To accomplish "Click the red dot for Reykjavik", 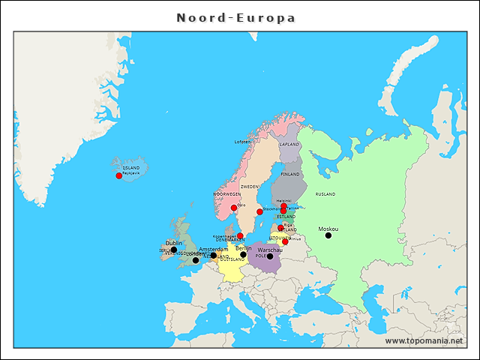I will pos(118,175).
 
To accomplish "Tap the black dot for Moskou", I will pos(328,235).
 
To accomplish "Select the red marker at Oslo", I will pos(234,208).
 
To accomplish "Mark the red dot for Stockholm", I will pos(259,211).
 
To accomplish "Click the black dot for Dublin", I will pos(174,250).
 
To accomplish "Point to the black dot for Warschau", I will pos(270,256).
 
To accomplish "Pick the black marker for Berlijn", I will pos(243,254).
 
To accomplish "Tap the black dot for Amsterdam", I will pos(214,255).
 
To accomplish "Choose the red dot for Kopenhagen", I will pos(240,235).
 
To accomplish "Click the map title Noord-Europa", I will pos(235,17).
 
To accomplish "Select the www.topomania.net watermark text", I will pos(424,340).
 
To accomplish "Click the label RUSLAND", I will pos(325,193).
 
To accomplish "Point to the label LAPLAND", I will pos(289,144).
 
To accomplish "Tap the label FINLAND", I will pos(290,174).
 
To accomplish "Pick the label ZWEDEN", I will pos(250,186).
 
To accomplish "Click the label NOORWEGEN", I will pos(227,193).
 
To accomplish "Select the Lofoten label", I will pos(242,142).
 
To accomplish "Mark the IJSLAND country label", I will pos(130,167).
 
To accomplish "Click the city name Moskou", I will pos(328,229).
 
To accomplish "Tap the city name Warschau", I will pos(270,249).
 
